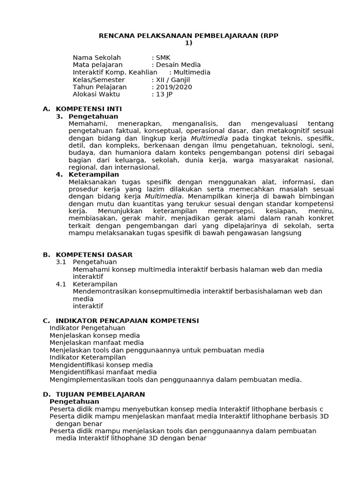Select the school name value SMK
click(x=164, y=58)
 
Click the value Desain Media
click(x=178, y=65)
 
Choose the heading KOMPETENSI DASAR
click(x=94, y=255)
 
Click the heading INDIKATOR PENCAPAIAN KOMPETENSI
click(x=127, y=321)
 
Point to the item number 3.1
click(x=61, y=262)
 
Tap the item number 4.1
click(x=61, y=284)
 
